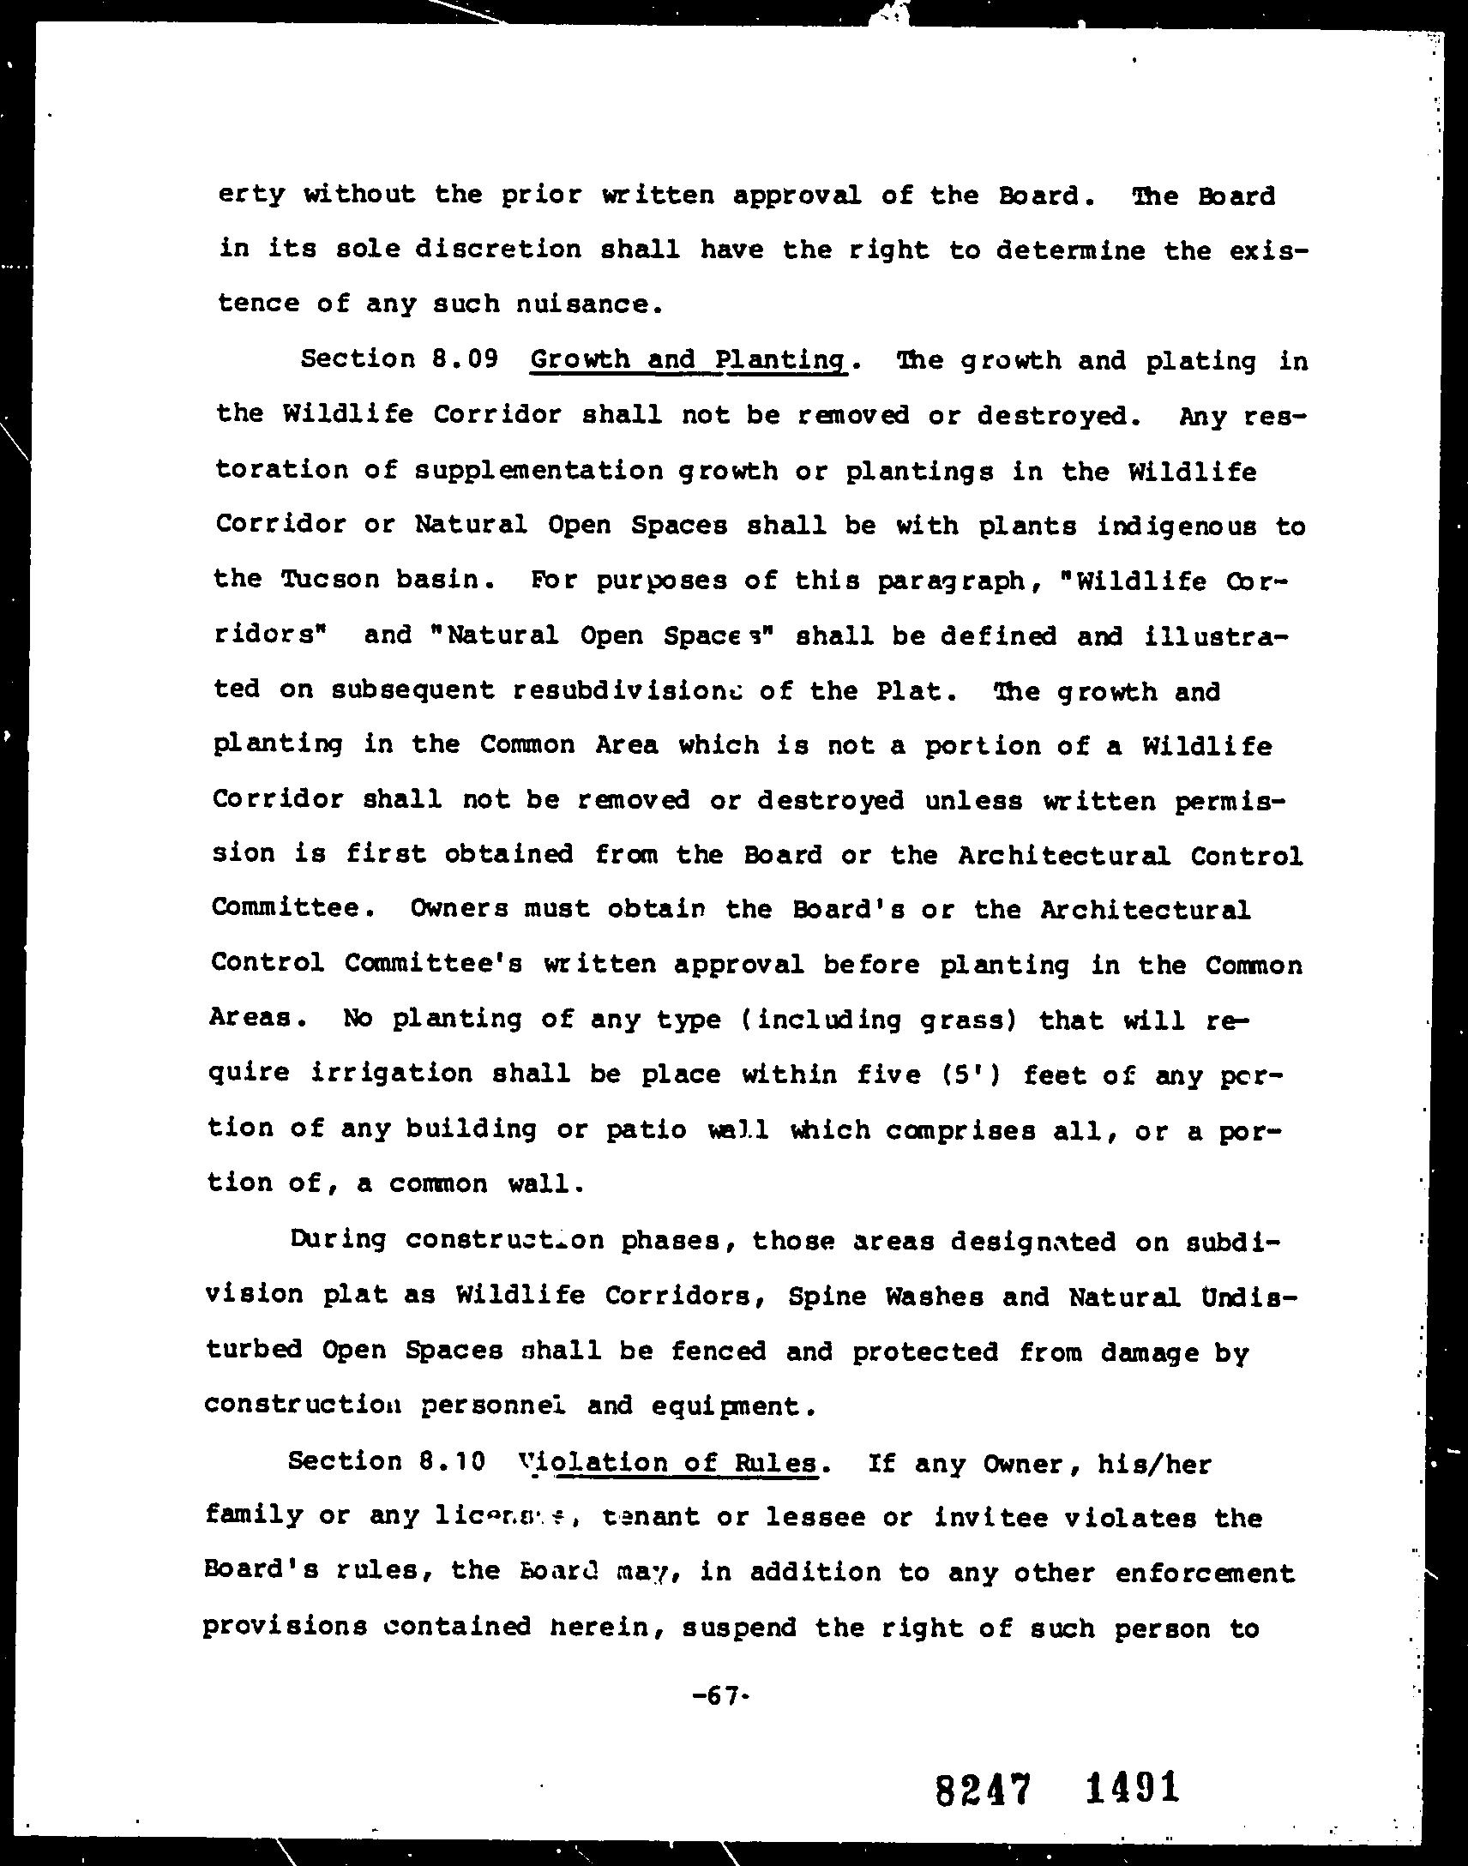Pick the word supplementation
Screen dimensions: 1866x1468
(538, 470)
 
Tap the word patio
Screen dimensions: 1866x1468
(646, 1129)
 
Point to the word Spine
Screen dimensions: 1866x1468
(827, 1295)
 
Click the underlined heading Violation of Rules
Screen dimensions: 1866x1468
(670, 1462)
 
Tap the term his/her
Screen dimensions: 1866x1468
(1153, 1462)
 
